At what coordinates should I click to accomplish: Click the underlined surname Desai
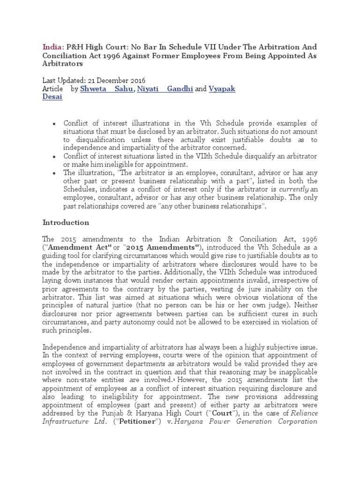(52, 97)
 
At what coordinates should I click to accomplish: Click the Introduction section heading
(66, 222)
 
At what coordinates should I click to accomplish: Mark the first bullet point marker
(54, 123)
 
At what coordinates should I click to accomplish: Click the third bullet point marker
(54, 173)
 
